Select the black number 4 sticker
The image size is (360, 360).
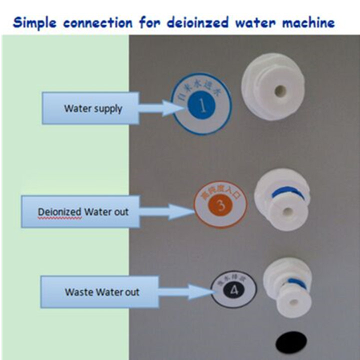tap(234, 289)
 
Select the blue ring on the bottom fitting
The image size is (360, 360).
tap(295, 283)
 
